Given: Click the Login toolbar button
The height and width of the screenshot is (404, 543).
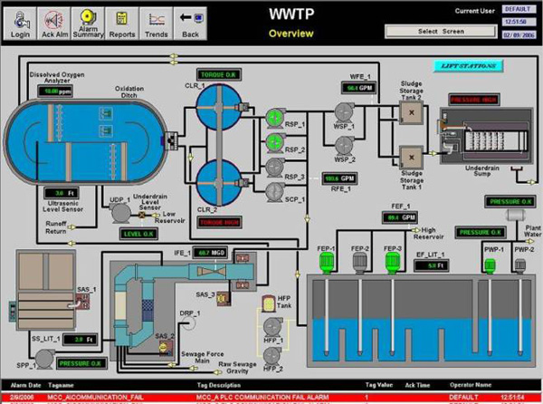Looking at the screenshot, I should tap(20, 19).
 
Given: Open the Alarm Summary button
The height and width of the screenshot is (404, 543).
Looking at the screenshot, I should tap(86, 19).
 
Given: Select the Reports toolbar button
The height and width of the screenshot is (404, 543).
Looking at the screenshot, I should tap(120, 19).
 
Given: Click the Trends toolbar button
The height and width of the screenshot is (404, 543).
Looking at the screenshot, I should tap(156, 19).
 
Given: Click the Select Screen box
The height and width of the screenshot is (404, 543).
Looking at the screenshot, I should tap(441, 30).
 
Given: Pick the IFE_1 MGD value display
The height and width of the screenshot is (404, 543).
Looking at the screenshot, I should tap(213, 251).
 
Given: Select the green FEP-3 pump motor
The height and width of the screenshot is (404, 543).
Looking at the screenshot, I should tap(392, 262).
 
